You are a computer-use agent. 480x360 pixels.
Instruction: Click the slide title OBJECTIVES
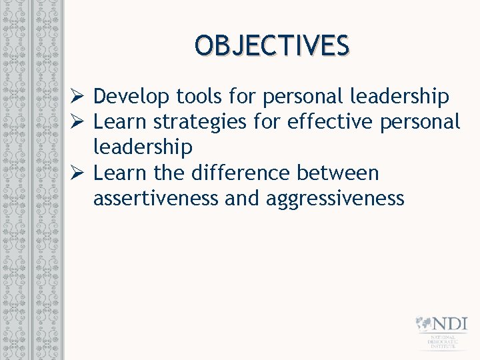coord(271,46)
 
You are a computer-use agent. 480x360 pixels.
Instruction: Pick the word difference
coord(241,173)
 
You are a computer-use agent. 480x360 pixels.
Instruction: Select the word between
coord(338,173)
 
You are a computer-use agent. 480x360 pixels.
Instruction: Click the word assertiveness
coord(156,199)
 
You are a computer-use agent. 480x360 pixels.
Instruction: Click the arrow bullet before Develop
coord(77,97)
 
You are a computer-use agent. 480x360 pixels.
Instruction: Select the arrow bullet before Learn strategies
coord(77,123)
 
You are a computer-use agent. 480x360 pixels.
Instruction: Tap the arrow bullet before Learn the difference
coord(77,174)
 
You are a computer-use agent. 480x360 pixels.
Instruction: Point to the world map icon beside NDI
coord(423,324)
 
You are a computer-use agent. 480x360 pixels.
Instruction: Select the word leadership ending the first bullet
coord(399,97)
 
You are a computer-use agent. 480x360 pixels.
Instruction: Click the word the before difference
coord(171,173)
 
